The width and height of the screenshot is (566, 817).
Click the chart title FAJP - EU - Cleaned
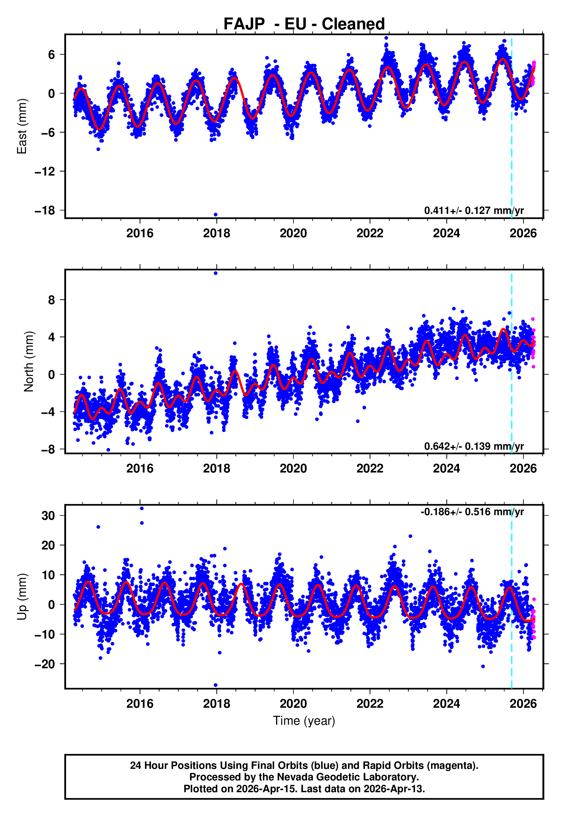tap(304, 24)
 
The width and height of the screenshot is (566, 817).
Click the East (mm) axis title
tap(22, 126)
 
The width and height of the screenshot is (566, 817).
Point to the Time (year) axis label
tap(304, 721)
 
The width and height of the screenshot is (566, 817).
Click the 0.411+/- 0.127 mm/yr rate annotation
tap(474, 210)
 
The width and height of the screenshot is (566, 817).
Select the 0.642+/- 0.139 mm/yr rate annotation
tap(474, 446)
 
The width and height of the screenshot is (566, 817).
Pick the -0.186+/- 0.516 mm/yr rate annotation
tap(472, 512)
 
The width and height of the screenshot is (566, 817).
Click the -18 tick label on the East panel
tap(45, 210)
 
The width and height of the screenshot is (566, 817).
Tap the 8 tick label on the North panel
tap(52, 300)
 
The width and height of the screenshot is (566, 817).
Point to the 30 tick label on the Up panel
tap(48, 516)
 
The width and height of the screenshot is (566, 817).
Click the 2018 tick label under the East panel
tap(216, 233)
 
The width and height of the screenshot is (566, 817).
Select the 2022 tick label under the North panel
tap(370, 468)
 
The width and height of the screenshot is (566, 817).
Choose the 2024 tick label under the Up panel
tap(447, 704)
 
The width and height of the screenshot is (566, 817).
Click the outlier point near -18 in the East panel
tap(215, 215)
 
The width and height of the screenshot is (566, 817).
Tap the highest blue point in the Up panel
tap(142, 509)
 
